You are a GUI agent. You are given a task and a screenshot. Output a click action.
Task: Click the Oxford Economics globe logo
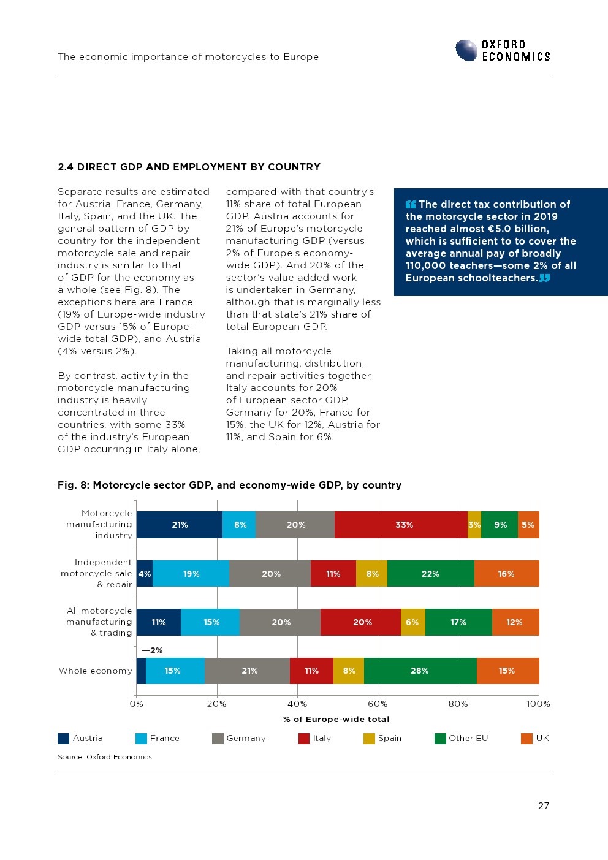tap(466, 50)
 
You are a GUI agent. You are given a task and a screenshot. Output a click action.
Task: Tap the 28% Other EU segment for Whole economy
tap(420, 671)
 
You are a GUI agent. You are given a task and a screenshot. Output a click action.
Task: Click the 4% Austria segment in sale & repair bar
tap(145, 574)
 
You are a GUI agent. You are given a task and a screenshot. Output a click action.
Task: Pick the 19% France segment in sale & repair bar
tap(191, 574)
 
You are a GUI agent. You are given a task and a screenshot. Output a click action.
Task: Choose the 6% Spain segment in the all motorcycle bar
tap(412, 622)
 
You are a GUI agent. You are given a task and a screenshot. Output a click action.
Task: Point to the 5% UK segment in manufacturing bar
tap(528, 525)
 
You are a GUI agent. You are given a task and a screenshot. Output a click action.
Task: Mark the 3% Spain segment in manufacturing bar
tap(474, 525)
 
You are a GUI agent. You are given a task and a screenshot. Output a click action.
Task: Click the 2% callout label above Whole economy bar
tap(156, 650)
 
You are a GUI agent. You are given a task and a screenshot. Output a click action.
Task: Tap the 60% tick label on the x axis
tap(378, 704)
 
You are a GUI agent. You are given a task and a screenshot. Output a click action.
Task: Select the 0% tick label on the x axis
tap(136, 704)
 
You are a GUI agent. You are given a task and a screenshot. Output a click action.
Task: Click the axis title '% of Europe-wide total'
tap(336, 719)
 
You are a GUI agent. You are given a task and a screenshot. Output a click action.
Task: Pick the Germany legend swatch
tap(218, 738)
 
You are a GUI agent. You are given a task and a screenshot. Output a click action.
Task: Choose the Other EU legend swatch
tap(440, 738)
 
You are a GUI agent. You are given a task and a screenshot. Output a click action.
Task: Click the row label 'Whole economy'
tap(95, 671)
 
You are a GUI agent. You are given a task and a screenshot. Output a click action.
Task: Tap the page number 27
tap(544, 805)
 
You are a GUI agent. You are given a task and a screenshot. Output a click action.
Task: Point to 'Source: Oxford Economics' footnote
tap(105, 757)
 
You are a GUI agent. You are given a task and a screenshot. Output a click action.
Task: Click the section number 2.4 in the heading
tap(66, 167)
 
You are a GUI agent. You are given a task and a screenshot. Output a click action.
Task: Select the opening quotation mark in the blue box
tap(411, 204)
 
